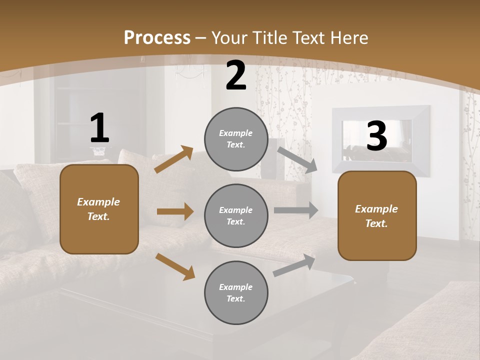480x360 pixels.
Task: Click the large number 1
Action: click(99, 128)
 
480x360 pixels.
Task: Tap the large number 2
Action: click(236, 76)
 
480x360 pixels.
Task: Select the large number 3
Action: click(376, 136)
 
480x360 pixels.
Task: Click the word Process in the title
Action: click(157, 37)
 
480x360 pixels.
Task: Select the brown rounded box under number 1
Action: click(99, 209)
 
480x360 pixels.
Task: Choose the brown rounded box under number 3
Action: click(377, 215)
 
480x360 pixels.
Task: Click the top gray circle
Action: click(236, 139)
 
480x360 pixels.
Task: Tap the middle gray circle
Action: click(236, 215)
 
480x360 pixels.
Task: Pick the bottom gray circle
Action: click(236, 292)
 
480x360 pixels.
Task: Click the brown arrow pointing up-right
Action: click(174, 159)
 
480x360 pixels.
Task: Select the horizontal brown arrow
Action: click(175, 211)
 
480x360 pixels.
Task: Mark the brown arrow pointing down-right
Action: click(175, 266)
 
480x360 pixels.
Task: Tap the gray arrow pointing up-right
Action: click(294, 265)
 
